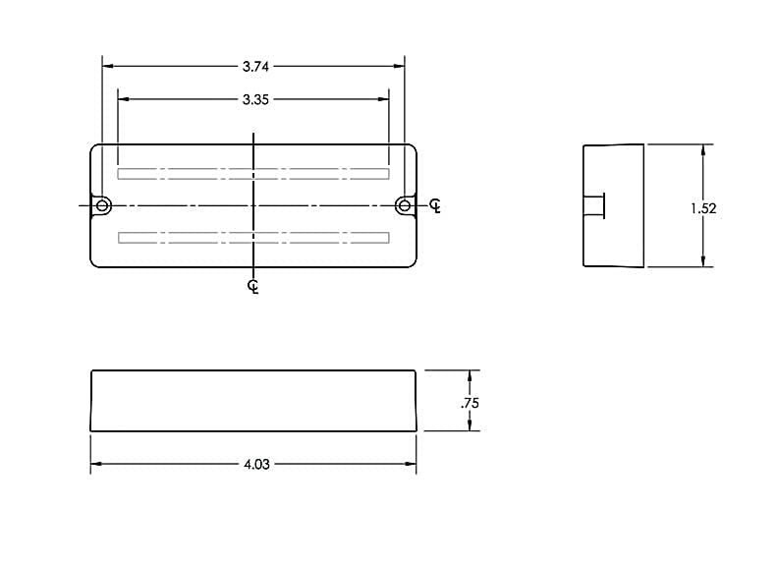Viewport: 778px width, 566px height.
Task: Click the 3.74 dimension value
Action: (255, 67)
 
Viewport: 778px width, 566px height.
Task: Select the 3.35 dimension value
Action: (255, 100)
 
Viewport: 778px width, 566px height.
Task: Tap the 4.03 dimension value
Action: (256, 464)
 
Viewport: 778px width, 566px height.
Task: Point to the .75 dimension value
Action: (470, 403)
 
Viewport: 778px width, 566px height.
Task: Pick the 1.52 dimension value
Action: (703, 208)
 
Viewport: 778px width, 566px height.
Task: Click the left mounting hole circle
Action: (103, 205)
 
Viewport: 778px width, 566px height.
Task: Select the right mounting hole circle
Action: (405, 205)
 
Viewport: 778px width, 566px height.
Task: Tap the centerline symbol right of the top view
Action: (435, 205)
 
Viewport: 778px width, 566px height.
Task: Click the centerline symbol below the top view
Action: (253, 287)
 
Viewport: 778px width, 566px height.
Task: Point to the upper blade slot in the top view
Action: (253, 174)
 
